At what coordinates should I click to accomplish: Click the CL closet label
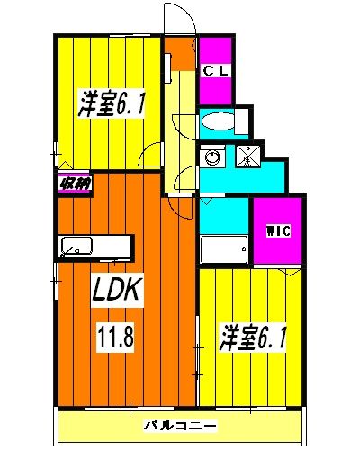(216, 71)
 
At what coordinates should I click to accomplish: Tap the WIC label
(279, 231)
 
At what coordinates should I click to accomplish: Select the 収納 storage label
(75, 184)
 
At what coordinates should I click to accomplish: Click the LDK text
(117, 289)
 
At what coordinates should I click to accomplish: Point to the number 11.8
(116, 336)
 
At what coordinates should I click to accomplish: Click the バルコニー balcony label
(181, 426)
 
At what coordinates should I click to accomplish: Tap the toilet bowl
(218, 121)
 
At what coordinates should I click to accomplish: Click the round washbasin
(213, 157)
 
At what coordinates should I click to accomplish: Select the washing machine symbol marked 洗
(247, 156)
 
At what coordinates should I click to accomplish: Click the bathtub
(224, 249)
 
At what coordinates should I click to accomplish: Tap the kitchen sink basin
(76, 246)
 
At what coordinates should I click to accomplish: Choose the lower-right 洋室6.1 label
(253, 336)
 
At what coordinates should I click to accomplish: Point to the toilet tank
(242, 121)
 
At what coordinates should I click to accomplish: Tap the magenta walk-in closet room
(277, 231)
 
